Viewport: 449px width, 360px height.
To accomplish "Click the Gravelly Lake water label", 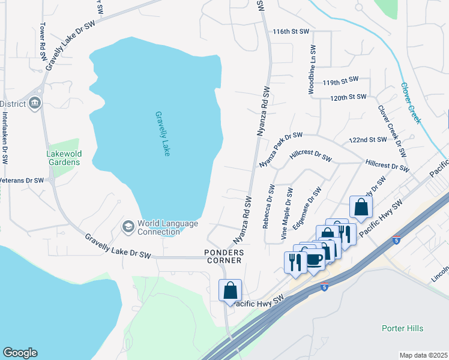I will point(163,134).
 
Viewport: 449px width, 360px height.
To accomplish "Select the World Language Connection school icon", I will point(127,227).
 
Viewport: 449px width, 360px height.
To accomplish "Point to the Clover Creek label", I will point(411,103).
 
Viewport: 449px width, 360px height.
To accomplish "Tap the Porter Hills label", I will point(402,328).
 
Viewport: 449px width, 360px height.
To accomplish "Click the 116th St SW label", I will point(291,31).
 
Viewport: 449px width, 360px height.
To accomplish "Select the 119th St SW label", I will point(340,80).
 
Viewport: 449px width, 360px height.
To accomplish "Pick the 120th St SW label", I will point(348,97).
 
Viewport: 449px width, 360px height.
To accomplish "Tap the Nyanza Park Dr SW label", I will point(280,150).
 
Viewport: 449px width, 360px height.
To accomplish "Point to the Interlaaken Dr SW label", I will point(5,138).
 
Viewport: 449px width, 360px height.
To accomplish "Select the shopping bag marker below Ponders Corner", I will point(231,290).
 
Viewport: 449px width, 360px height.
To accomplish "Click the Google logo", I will point(20,353).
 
